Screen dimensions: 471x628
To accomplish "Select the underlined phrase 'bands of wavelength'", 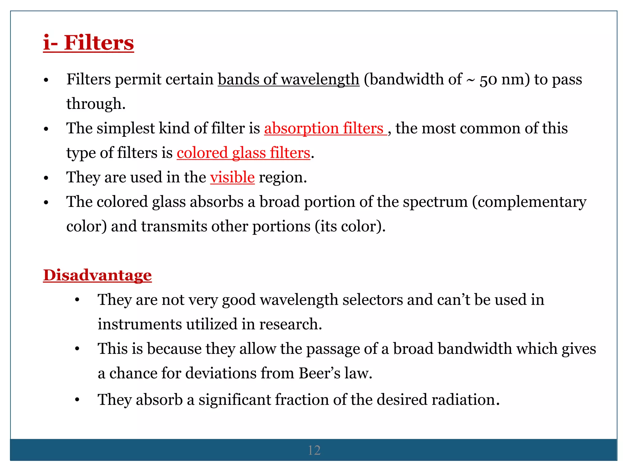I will (x=288, y=79).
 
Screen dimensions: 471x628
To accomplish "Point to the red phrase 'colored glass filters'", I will (x=243, y=153).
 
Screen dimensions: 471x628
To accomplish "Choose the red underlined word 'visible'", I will (x=232, y=177).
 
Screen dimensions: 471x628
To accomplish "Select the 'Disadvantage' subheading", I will (x=97, y=275).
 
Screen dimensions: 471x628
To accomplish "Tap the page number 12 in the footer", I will (x=314, y=450).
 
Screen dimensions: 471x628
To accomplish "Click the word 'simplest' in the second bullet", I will (x=125, y=128).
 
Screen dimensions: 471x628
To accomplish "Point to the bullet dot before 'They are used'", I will (x=46, y=178).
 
